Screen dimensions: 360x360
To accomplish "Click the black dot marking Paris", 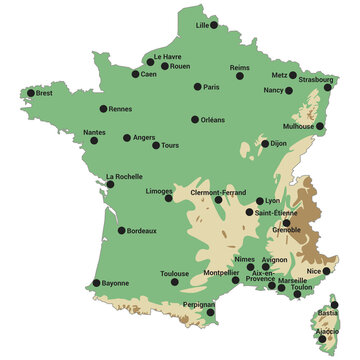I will (x=197, y=87).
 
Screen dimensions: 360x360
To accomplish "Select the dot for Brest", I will (x=32, y=94).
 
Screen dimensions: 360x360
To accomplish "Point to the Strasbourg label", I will (x=315, y=79).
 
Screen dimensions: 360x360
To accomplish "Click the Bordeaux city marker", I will (x=122, y=231).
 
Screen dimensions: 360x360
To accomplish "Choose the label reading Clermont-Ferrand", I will (x=218, y=191).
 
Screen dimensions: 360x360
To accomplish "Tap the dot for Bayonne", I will (x=96, y=283).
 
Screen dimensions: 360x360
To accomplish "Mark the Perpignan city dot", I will (x=210, y=313).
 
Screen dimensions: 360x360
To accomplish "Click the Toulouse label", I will (x=174, y=273).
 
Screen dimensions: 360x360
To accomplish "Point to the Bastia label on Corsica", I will (x=328, y=313).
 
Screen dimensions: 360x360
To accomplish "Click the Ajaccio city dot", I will (x=322, y=339).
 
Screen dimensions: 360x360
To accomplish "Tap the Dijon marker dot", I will (x=266, y=143).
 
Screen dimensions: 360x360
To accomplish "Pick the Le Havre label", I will (x=167, y=58).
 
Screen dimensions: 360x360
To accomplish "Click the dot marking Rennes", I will (x=102, y=109).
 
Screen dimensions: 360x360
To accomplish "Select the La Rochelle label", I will (x=124, y=177).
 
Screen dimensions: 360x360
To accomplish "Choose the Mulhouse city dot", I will (x=320, y=127).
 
